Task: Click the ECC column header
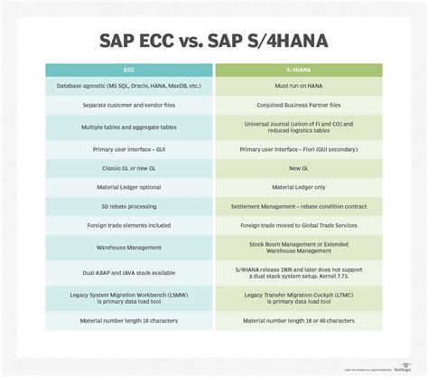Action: [x=129, y=70]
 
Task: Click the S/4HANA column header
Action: [x=298, y=70]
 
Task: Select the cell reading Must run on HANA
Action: [x=298, y=87]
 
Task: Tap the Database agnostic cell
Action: [x=129, y=87]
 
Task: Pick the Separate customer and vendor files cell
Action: [x=129, y=105]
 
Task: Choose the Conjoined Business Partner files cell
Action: [x=298, y=105]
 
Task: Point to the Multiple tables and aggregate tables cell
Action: [x=129, y=127]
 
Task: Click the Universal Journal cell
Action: [x=298, y=127]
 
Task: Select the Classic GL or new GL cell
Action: [x=129, y=169]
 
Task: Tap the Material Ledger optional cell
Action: [x=129, y=187]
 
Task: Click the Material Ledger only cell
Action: [x=298, y=187]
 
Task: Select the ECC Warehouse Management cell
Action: [x=129, y=246]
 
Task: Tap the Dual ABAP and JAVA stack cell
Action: [x=129, y=271]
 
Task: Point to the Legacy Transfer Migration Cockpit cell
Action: [x=298, y=297]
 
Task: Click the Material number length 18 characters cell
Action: [x=129, y=322]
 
